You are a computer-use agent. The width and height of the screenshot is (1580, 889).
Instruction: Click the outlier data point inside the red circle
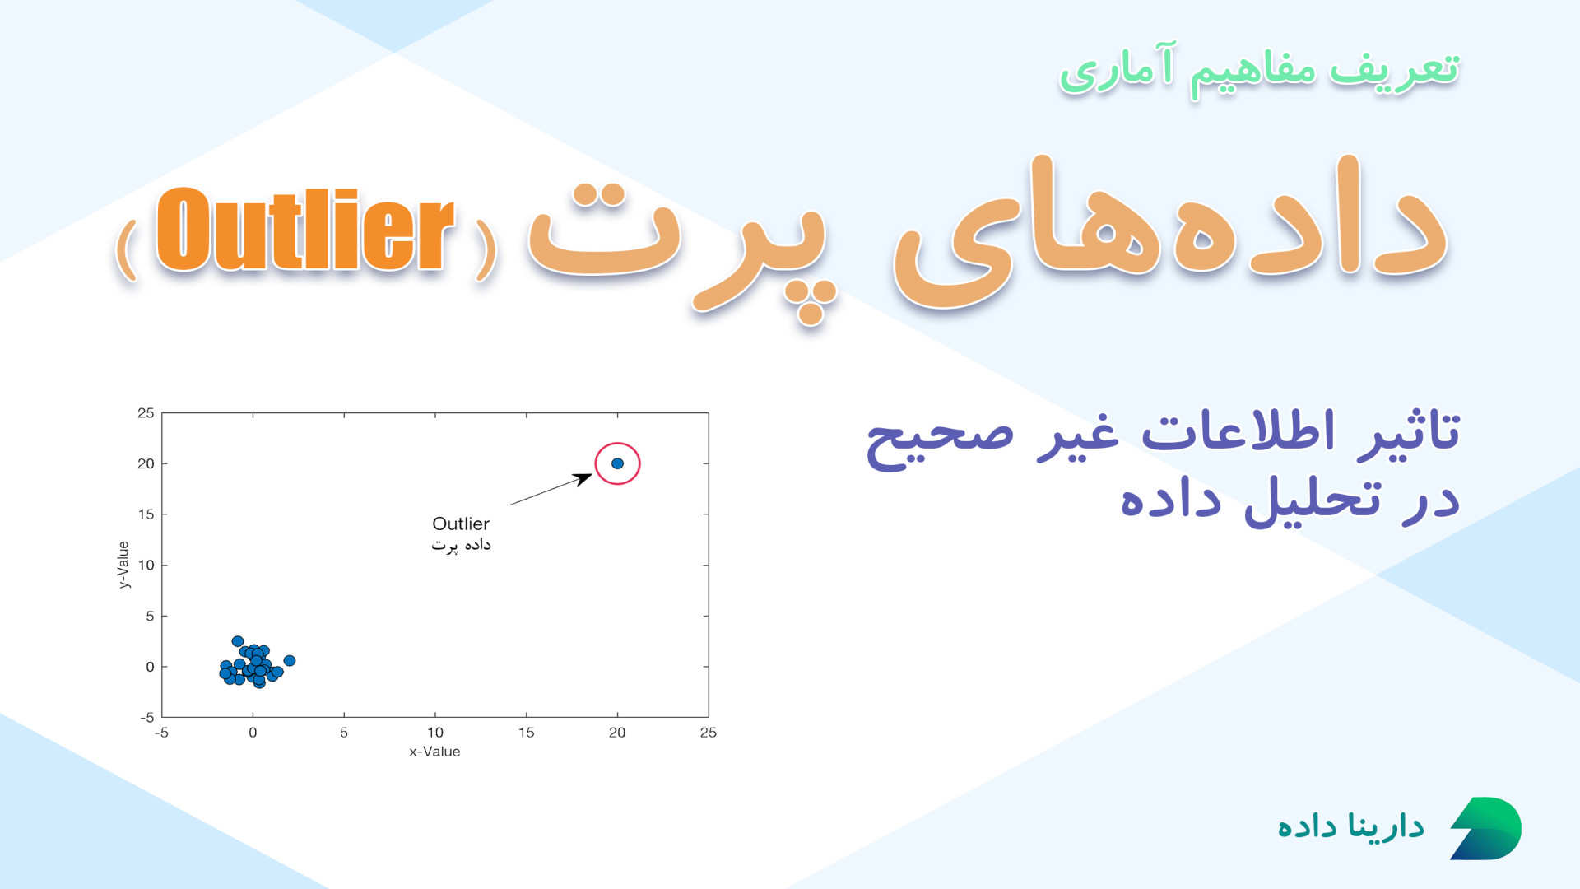(x=617, y=463)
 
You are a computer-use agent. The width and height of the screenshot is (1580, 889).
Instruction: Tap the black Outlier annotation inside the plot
(x=461, y=524)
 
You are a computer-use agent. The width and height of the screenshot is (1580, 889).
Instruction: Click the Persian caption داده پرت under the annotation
(x=461, y=545)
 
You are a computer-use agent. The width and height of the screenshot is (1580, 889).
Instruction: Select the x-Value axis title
(x=434, y=752)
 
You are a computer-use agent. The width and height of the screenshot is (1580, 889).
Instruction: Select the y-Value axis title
(x=123, y=565)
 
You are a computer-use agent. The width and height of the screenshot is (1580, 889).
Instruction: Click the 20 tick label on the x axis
(x=617, y=733)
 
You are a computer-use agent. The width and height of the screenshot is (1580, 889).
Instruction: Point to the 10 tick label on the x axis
(x=434, y=733)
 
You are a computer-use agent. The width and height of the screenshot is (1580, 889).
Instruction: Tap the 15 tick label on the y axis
(x=146, y=514)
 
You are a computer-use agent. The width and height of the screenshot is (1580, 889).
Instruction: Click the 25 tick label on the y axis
(x=146, y=413)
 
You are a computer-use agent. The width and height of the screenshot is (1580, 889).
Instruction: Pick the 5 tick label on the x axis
(x=344, y=733)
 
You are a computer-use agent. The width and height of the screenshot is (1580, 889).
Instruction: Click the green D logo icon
(x=1485, y=828)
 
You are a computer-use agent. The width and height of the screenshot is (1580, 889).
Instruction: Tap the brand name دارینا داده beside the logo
(x=1350, y=826)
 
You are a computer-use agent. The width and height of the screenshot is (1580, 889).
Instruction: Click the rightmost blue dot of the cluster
(x=289, y=661)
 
